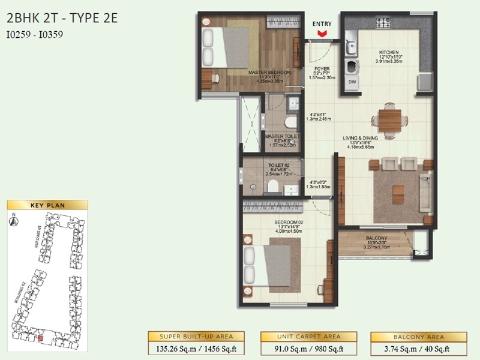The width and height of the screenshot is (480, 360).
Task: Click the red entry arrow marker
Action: [322, 34]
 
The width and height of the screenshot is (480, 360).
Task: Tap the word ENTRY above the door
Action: [322, 24]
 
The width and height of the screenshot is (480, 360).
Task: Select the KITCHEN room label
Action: [388, 52]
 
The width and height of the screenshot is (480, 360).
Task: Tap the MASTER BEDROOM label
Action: [269, 73]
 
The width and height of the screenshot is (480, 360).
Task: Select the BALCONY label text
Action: [376, 238]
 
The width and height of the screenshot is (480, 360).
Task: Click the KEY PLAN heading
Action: [47, 205]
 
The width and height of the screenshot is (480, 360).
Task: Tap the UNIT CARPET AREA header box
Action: [308, 337]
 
